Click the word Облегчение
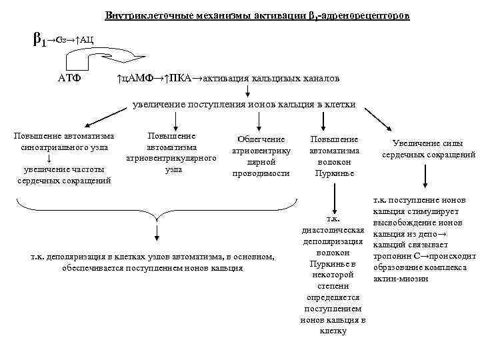click(x=261, y=139)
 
